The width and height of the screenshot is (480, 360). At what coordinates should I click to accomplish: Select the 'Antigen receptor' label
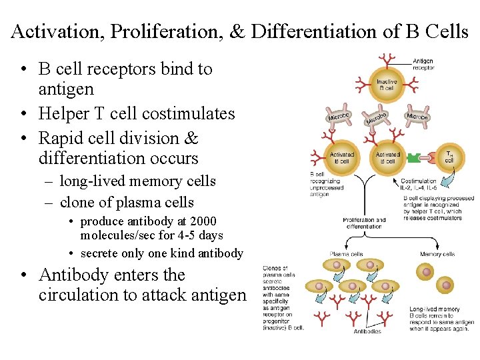[x=423, y=64]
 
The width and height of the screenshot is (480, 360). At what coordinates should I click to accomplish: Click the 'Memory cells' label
[x=438, y=254]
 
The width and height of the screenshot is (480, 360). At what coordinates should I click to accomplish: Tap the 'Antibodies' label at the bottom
[x=367, y=331]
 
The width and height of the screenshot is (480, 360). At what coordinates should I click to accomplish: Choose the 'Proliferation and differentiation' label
[x=364, y=223]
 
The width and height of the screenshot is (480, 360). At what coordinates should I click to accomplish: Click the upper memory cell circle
[x=425, y=271]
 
